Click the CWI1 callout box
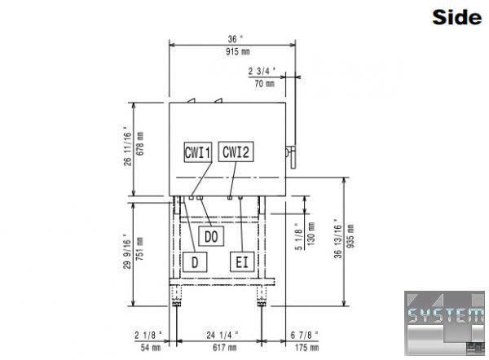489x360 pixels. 198,152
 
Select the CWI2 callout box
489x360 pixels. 236,151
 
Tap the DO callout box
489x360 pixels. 211,236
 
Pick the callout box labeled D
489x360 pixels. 195,262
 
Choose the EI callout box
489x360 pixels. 242,261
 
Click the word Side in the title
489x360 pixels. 457,17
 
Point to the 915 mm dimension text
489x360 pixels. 238,51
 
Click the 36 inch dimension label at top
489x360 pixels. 236,39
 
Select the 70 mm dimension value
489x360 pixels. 264,84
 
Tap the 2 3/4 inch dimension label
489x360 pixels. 262,71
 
